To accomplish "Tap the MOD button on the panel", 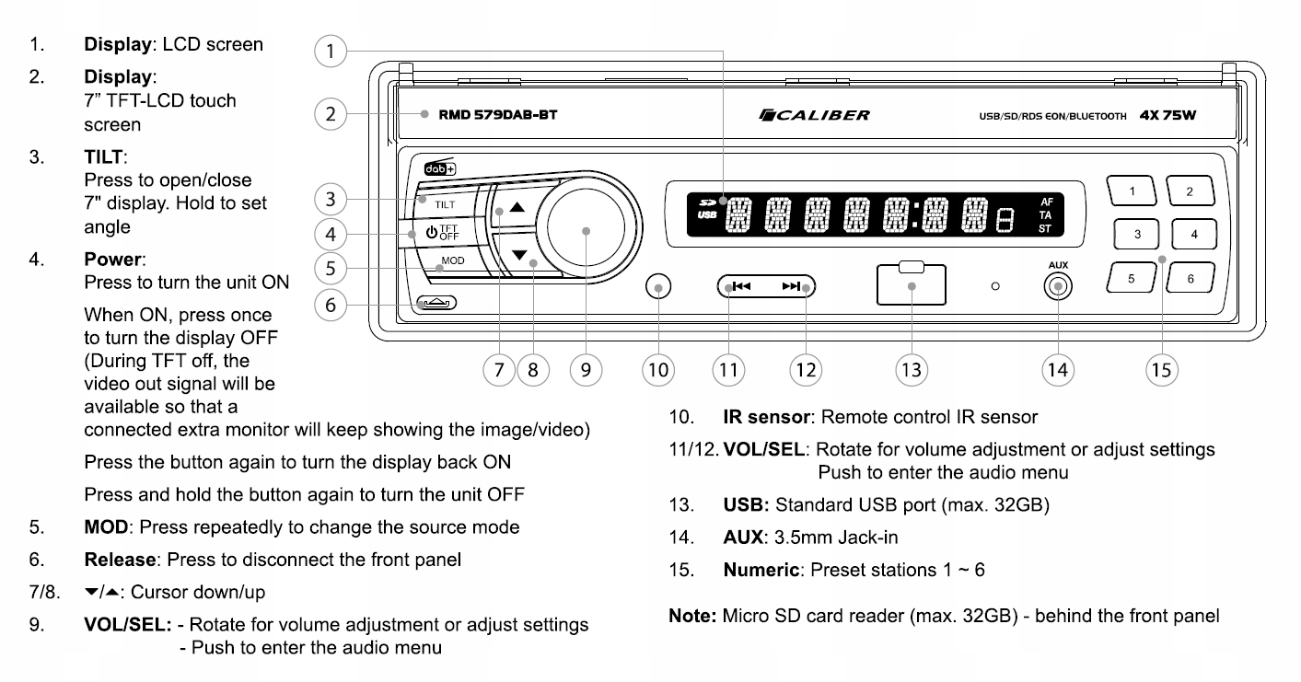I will coord(451,261).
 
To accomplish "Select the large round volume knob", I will coord(586,232).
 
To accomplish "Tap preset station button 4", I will coord(1193,234).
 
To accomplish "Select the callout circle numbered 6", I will coord(330,305).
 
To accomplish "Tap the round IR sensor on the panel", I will coord(657,287).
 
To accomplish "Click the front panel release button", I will coord(436,304).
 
